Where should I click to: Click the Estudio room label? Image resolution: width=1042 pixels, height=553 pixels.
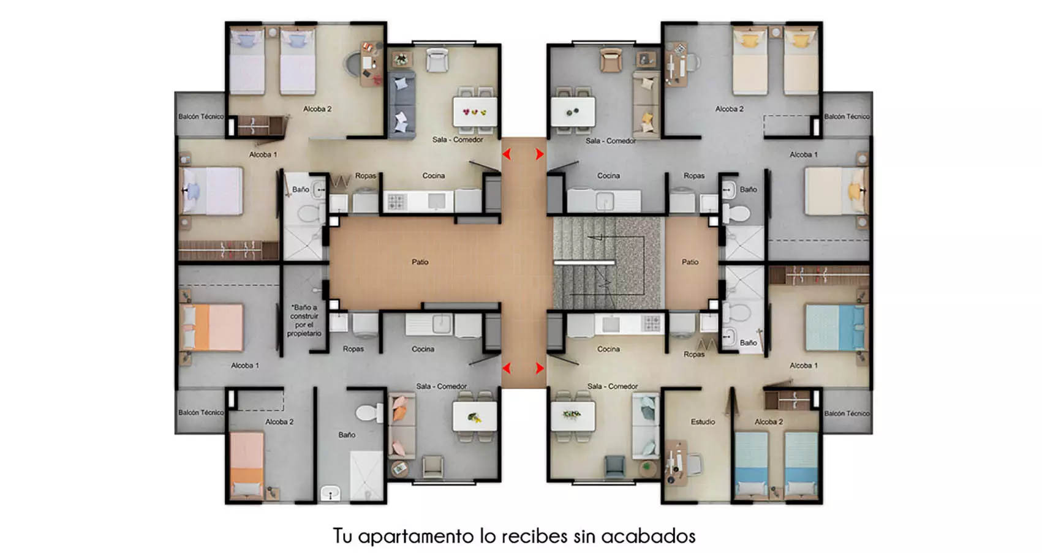703,422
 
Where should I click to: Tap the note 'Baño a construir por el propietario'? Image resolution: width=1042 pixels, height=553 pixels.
304,320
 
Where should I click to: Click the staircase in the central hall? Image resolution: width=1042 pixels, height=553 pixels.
608,263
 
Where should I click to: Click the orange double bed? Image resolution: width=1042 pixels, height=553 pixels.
213,328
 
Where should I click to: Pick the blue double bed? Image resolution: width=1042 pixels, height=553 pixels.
836,328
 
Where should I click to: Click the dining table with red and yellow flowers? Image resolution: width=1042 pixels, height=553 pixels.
475,111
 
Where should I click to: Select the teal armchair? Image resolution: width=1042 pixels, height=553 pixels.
615,467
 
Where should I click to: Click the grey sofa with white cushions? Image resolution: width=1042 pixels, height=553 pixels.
402,105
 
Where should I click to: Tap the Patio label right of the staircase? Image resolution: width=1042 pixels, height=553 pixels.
690,262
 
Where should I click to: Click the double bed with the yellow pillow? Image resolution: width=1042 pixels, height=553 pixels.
836,190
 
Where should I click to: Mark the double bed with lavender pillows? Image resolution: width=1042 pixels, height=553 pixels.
213,190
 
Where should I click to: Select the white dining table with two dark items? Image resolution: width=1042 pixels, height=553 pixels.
573,111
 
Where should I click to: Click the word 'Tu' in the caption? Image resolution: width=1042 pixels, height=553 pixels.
342,536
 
